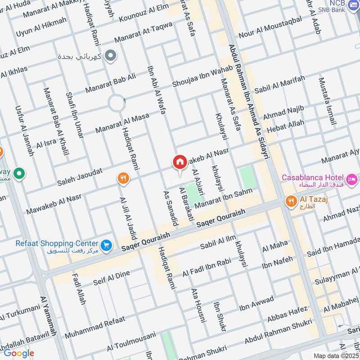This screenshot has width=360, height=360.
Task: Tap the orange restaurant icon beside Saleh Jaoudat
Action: (x=123, y=179)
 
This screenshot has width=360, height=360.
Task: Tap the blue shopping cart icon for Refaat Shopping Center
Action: (x=106, y=245)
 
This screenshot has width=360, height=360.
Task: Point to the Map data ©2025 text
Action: (x=336, y=355)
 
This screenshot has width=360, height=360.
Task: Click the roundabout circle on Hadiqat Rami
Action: (x=116, y=103)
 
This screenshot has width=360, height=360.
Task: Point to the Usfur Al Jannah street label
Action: (x=24, y=131)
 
